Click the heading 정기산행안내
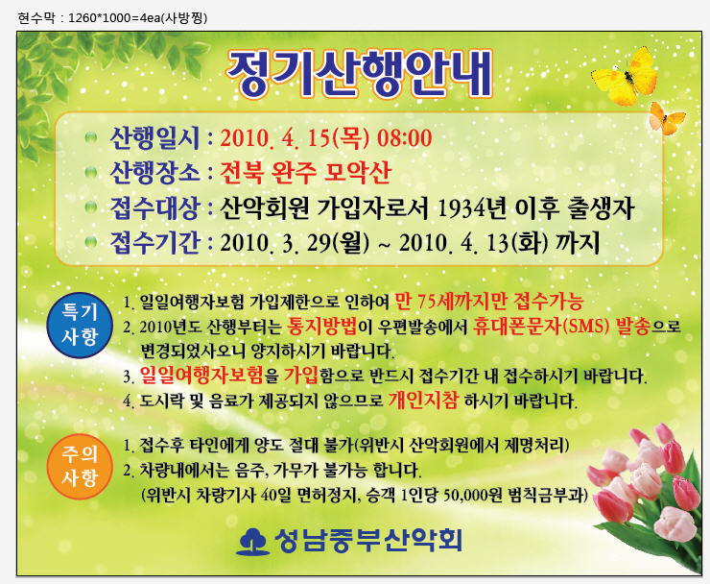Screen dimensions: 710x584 pos(360,75)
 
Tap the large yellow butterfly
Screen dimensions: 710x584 pos(626,77)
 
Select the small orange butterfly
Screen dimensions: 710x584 pos(667,118)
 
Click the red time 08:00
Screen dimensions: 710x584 pos(404,138)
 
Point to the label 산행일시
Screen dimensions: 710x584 pos(154,137)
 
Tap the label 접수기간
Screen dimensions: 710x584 pos(154,243)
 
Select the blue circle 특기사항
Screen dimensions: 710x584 pos(80,325)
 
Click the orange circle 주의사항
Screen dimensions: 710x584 pos(80,466)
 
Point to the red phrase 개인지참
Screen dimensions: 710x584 pos(423,401)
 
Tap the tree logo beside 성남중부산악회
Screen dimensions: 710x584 pos(252,542)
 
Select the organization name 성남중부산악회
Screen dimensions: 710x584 pos(367,541)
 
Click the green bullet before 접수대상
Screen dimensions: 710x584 pos(91,207)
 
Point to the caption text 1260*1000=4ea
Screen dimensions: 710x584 pos(114,18)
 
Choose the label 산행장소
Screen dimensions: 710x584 pos(154,172)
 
